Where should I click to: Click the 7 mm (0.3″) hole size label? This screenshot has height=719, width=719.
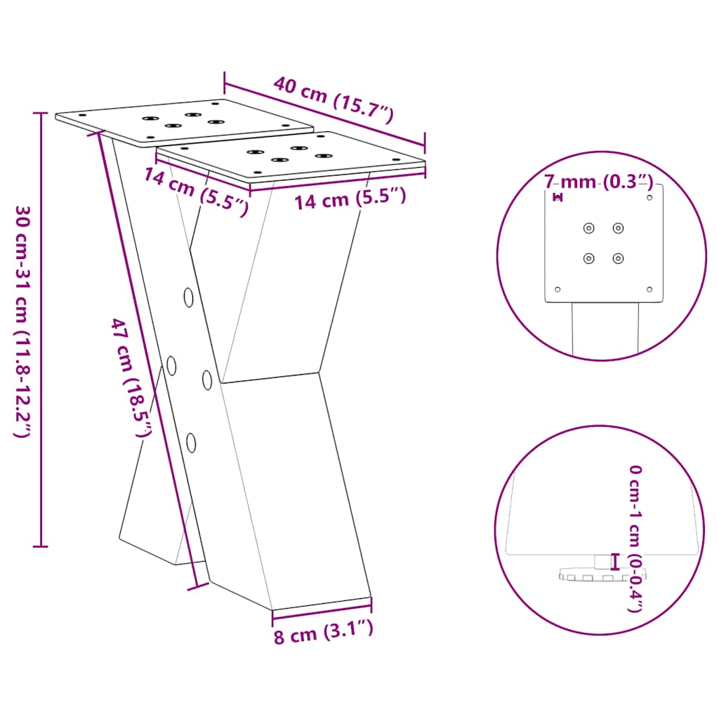[x=599, y=183]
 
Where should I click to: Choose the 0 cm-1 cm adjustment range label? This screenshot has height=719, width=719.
[x=635, y=538]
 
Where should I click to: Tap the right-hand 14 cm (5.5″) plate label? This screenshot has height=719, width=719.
[x=350, y=199]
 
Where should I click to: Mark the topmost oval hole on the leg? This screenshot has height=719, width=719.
[x=189, y=297]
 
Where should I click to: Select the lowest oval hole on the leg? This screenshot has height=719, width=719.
[x=191, y=442]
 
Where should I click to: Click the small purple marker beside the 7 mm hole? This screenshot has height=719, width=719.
[x=558, y=197]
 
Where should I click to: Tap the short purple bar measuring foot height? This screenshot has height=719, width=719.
[x=616, y=562]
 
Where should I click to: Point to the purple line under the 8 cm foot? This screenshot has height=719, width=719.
[x=322, y=608]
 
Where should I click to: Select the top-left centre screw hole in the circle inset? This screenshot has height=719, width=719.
[x=588, y=227]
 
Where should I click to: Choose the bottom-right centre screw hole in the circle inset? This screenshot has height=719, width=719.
[x=618, y=258]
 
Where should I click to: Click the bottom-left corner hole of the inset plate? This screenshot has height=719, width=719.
[x=558, y=289]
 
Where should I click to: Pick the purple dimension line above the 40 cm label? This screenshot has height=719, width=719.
[x=324, y=110]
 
